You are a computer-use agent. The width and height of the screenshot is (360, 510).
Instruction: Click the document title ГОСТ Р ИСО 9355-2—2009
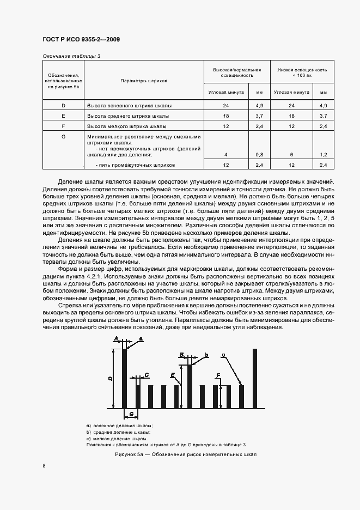(x=81, y=39)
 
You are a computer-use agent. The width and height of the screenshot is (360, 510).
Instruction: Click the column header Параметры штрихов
(x=143, y=80)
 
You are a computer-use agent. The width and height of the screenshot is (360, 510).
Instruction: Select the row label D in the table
(x=63, y=105)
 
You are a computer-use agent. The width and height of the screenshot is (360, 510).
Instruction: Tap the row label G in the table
(x=63, y=137)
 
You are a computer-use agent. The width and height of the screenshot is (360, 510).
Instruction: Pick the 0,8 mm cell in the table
(x=259, y=155)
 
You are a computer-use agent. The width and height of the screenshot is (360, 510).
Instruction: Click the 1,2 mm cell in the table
(x=323, y=155)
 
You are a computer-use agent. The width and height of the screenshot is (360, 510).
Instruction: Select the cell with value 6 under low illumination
(x=291, y=155)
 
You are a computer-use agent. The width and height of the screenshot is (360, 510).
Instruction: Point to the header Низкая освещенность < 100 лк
(x=302, y=72)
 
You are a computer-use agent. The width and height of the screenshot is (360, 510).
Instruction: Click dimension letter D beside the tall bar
(x=110, y=378)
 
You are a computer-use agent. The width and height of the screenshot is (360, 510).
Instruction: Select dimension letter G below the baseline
(x=131, y=414)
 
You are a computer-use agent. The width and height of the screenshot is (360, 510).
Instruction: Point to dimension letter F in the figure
(x=218, y=376)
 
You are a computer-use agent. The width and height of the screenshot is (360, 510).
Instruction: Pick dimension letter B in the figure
(x=181, y=355)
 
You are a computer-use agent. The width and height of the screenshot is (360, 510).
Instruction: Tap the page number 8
(x=44, y=465)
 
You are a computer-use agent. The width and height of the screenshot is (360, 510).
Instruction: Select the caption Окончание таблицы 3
(x=71, y=56)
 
